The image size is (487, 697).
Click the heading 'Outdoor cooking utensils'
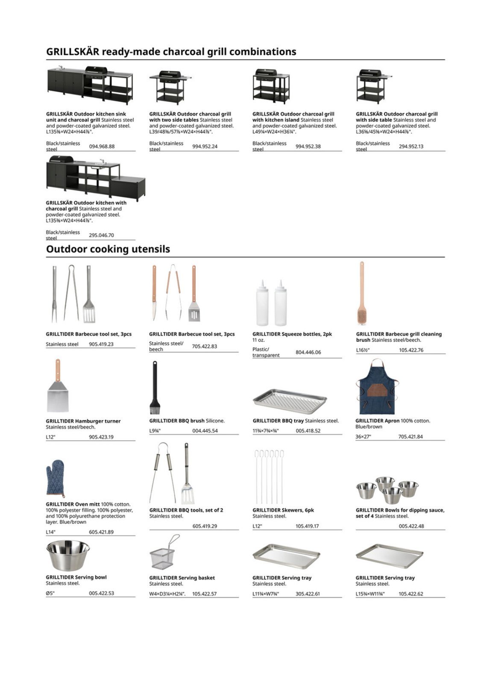coord(108,249)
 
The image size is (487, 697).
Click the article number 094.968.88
coord(102,147)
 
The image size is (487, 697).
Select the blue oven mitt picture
coord(55,479)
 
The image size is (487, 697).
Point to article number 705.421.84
coord(411,437)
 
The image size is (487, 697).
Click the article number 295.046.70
coord(101,235)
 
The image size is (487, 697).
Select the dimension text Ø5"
coord(50,594)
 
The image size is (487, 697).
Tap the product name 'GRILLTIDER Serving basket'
coord(182,578)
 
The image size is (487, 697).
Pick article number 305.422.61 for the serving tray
coord(308,594)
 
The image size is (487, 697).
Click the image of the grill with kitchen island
coord(271,86)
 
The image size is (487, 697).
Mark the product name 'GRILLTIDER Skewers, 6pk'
coord(283,510)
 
